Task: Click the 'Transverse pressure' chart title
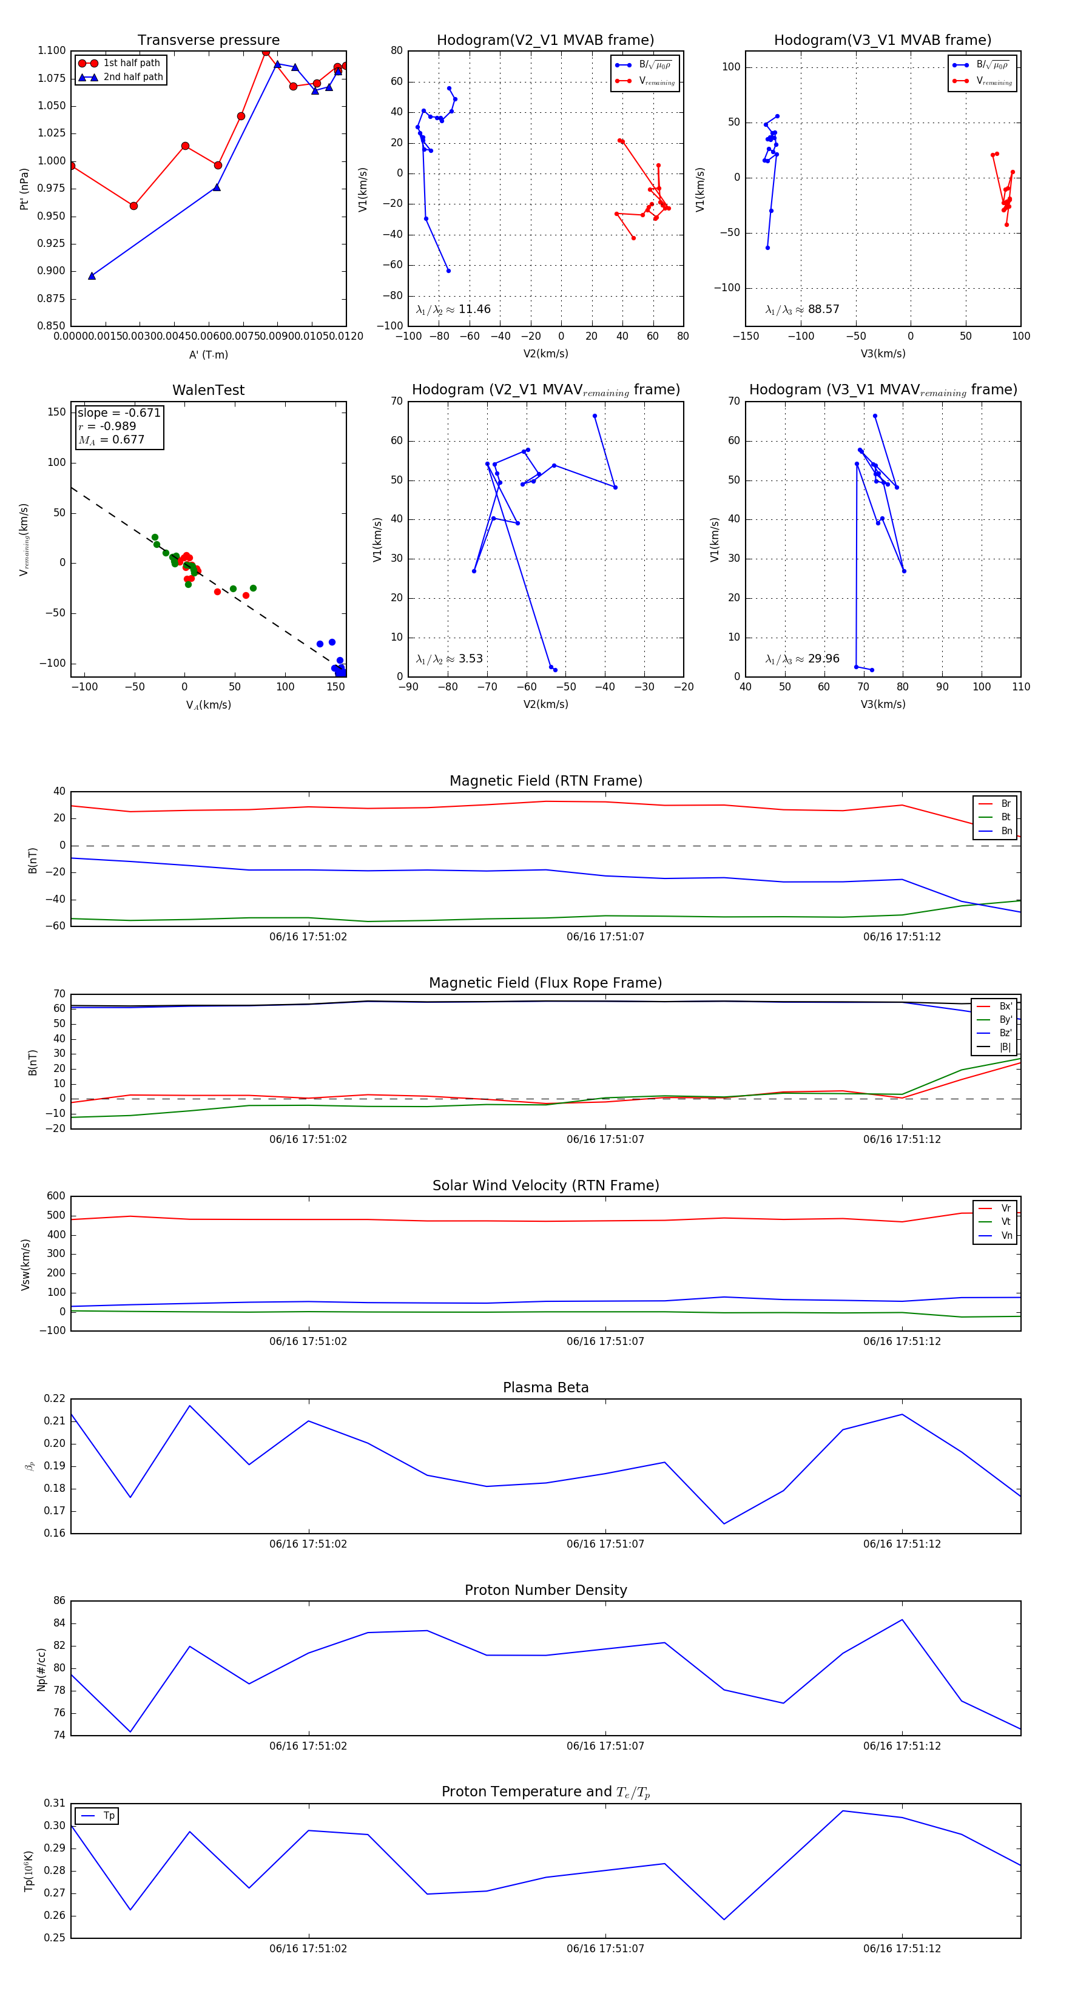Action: click(208, 41)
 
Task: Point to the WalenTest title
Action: click(208, 390)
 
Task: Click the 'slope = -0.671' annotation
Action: click(119, 413)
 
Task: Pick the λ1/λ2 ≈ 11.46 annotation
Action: click(453, 309)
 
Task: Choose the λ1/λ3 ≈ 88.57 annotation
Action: click(802, 309)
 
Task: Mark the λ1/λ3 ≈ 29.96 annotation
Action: click(802, 659)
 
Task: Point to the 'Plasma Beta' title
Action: click(545, 1387)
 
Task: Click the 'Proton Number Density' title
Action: click(545, 1590)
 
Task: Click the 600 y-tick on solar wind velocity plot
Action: click(55, 1196)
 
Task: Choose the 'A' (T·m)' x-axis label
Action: click(208, 354)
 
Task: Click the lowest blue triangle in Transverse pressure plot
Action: click(92, 276)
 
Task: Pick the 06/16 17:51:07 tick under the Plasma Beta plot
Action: click(605, 1543)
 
